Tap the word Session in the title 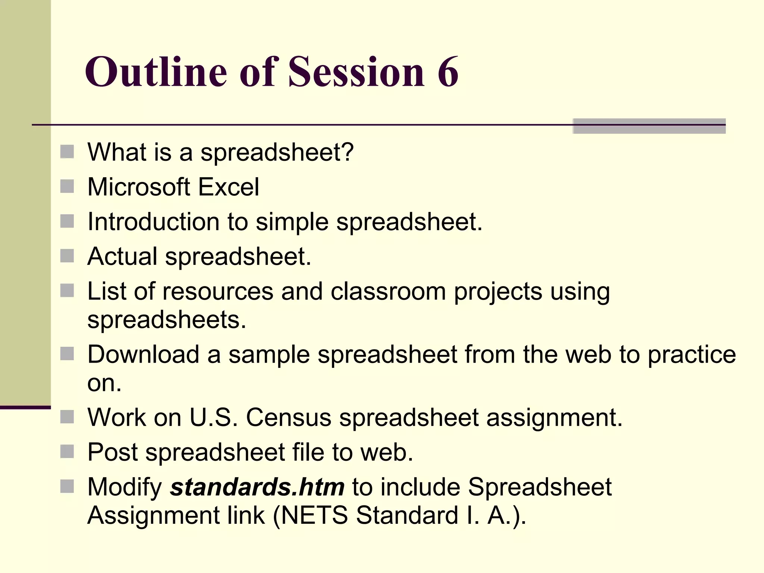click(x=356, y=72)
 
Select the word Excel click(x=228, y=187)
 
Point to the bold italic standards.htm click(x=257, y=487)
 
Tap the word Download click(x=143, y=354)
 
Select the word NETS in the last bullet click(x=314, y=515)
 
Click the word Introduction click(x=153, y=222)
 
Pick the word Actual click(x=122, y=256)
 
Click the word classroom click(x=388, y=291)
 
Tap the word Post click(x=112, y=452)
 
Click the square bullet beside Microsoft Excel click(x=67, y=186)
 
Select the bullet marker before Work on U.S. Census click(x=67, y=417)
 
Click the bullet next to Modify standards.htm click(x=67, y=486)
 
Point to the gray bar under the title click(x=649, y=126)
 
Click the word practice click(x=692, y=355)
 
